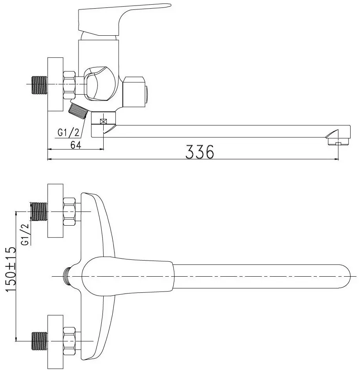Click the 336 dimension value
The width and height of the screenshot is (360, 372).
(x=199, y=152)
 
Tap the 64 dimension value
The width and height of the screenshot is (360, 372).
(x=76, y=145)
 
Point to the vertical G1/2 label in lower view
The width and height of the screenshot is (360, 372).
(x=25, y=234)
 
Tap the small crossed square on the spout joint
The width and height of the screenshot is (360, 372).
(x=104, y=122)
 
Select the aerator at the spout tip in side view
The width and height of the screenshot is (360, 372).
(x=338, y=140)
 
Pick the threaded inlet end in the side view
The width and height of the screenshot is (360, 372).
(x=40, y=85)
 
